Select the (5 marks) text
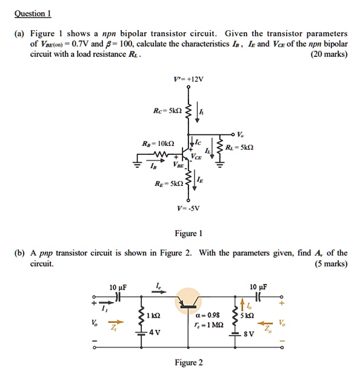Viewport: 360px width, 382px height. (329, 263)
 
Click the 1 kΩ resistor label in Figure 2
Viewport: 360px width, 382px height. (154, 315)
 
